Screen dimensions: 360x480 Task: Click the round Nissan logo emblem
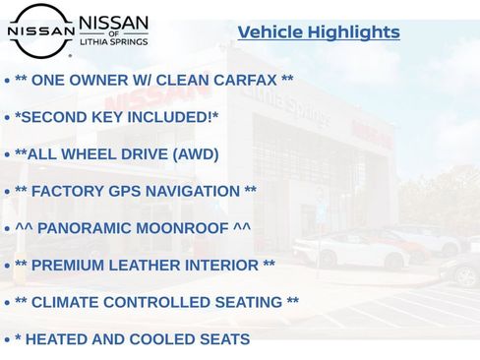[40, 30]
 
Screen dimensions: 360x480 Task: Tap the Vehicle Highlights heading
[319, 32]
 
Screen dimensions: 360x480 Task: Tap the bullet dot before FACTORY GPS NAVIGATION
[7, 192]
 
